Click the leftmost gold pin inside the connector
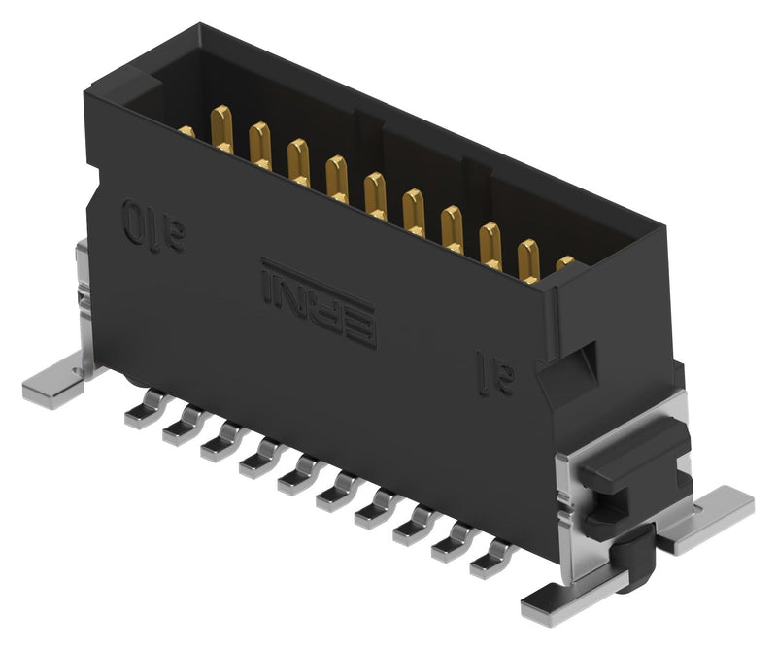coord(186,131)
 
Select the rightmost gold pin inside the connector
coord(564,262)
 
